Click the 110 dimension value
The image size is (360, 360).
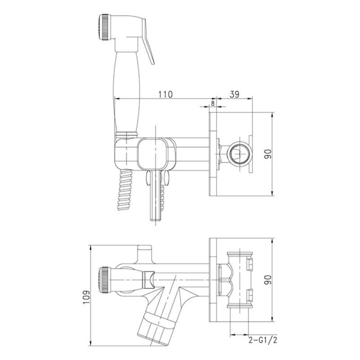tap(165, 94)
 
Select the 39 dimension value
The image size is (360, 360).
tap(234, 94)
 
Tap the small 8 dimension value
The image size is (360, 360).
tap(212, 103)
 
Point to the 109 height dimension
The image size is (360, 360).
tap(86, 297)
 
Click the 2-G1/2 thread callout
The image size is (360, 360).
tap(263, 340)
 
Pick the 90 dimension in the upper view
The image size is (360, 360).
tap(268, 154)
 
